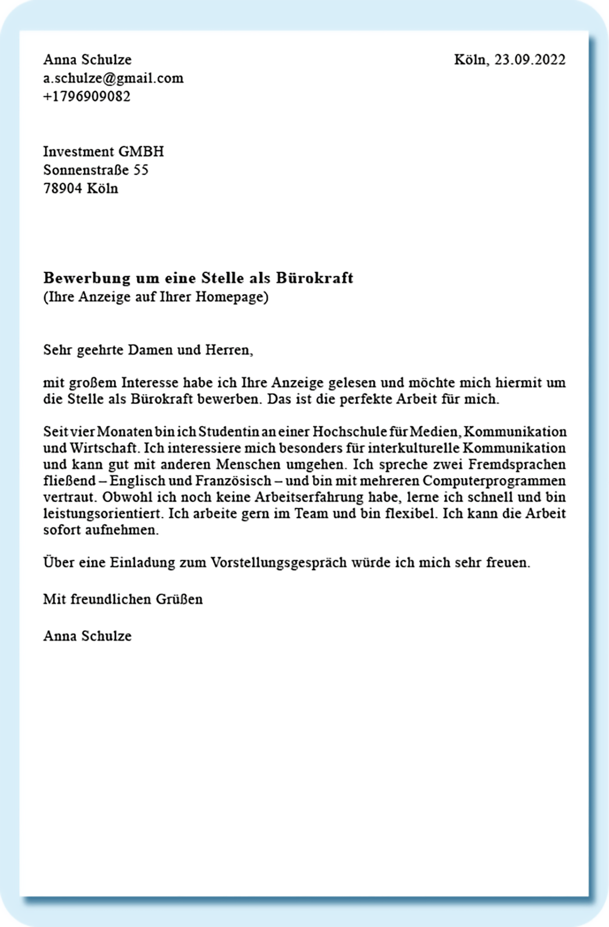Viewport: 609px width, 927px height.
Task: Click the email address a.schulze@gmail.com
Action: pyautogui.click(x=113, y=78)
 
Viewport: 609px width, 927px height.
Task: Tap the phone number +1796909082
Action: pyautogui.click(x=87, y=97)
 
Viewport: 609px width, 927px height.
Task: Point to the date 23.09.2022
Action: pyautogui.click(x=530, y=60)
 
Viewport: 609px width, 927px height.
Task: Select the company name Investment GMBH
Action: pyautogui.click(x=103, y=152)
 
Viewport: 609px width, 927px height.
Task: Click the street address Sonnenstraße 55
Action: pyautogui.click(x=96, y=170)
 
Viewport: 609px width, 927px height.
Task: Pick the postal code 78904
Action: pyautogui.click(x=63, y=189)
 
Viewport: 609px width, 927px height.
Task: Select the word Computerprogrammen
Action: pyautogui.click(x=494, y=481)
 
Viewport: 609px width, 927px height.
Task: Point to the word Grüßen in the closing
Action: pyautogui.click(x=179, y=599)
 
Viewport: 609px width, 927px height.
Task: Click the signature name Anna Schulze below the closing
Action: pyautogui.click(x=87, y=636)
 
